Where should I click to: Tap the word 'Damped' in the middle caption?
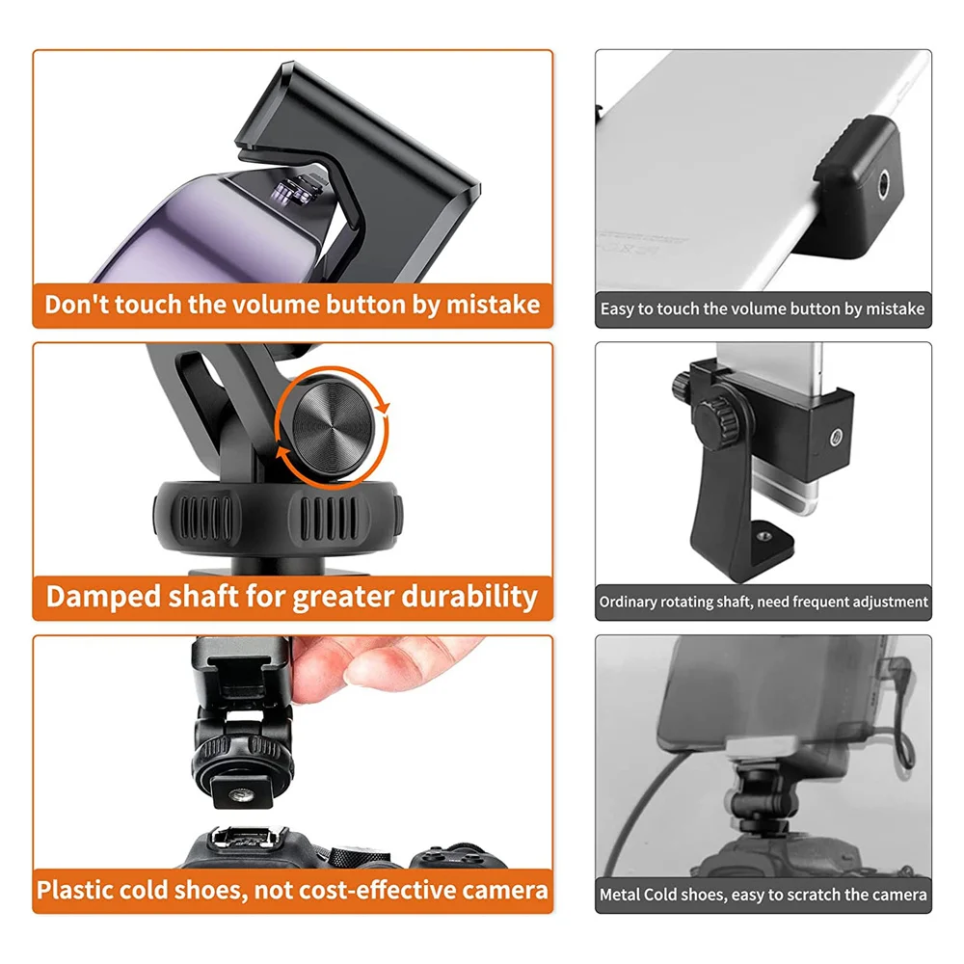(x=95, y=596)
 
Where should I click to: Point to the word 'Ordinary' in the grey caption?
(x=628, y=602)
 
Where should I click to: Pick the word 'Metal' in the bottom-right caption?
(x=621, y=895)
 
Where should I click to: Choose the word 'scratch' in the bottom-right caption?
(x=798, y=895)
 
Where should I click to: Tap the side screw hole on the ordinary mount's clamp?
(x=835, y=437)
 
